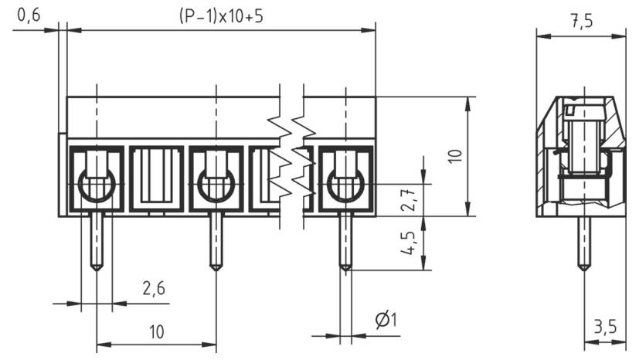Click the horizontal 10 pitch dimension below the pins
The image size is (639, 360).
(156, 332)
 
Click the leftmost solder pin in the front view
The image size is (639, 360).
(96, 240)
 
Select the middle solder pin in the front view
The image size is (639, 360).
(216, 240)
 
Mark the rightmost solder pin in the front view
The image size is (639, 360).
(345, 242)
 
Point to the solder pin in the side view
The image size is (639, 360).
(584, 242)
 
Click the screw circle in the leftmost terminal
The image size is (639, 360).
(97, 185)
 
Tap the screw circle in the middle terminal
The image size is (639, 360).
(216, 185)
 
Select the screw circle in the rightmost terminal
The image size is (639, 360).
(345, 185)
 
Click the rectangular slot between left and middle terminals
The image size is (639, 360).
(156, 178)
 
